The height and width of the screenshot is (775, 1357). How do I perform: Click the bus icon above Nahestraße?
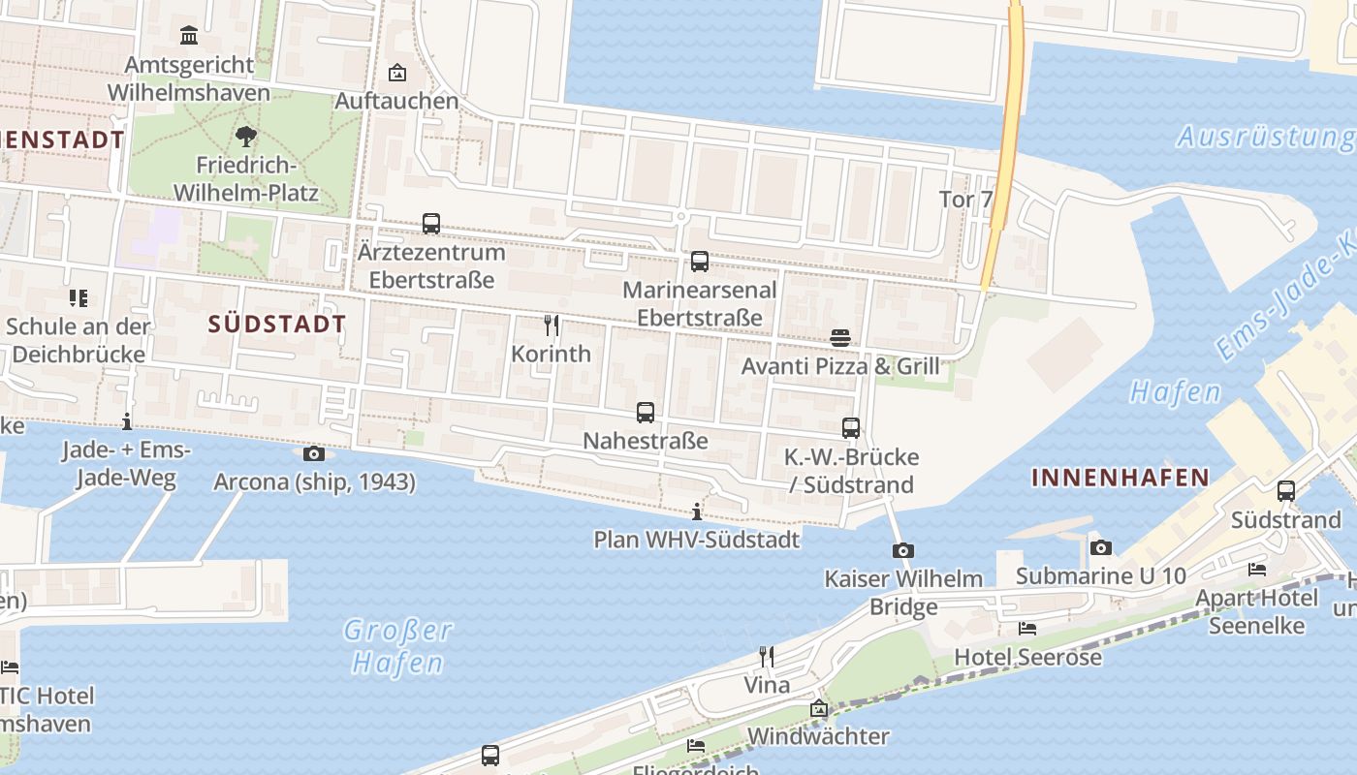[x=646, y=413]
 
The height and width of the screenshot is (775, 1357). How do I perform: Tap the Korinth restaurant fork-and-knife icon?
[x=552, y=325]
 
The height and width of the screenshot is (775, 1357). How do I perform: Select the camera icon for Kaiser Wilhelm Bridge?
[x=902, y=550]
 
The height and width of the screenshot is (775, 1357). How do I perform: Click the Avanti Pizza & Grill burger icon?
[x=840, y=338]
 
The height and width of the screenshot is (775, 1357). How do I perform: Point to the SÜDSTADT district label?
[x=277, y=324]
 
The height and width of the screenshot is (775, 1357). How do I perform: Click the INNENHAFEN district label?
[x=1120, y=477]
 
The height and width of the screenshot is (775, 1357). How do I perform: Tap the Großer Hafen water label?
[x=397, y=646]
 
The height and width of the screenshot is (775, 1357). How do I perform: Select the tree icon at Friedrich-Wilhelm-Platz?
[x=246, y=137]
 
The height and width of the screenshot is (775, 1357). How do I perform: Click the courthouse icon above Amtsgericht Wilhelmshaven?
[x=189, y=36]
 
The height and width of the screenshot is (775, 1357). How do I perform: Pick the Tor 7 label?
[x=966, y=200]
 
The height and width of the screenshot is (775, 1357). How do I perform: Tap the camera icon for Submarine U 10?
[x=1100, y=547]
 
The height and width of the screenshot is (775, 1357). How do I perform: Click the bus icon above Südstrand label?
[x=1286, y=491]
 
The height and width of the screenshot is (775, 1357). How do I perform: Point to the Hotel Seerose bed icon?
[x=1027, y=629]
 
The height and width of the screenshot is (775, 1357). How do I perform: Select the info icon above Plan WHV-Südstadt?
[x=696, y=511]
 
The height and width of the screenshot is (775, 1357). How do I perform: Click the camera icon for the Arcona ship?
[x=314, y=453]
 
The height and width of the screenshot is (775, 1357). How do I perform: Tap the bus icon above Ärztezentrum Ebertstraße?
[x=431, y=224]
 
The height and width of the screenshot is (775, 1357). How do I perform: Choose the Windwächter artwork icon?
[x=819, y=708]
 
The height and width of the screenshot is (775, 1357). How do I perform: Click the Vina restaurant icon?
[x=766, y=657]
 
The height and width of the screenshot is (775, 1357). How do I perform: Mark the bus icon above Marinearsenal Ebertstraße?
[x=699, y=262]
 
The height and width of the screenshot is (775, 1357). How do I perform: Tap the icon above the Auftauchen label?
[x=396, y=73]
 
